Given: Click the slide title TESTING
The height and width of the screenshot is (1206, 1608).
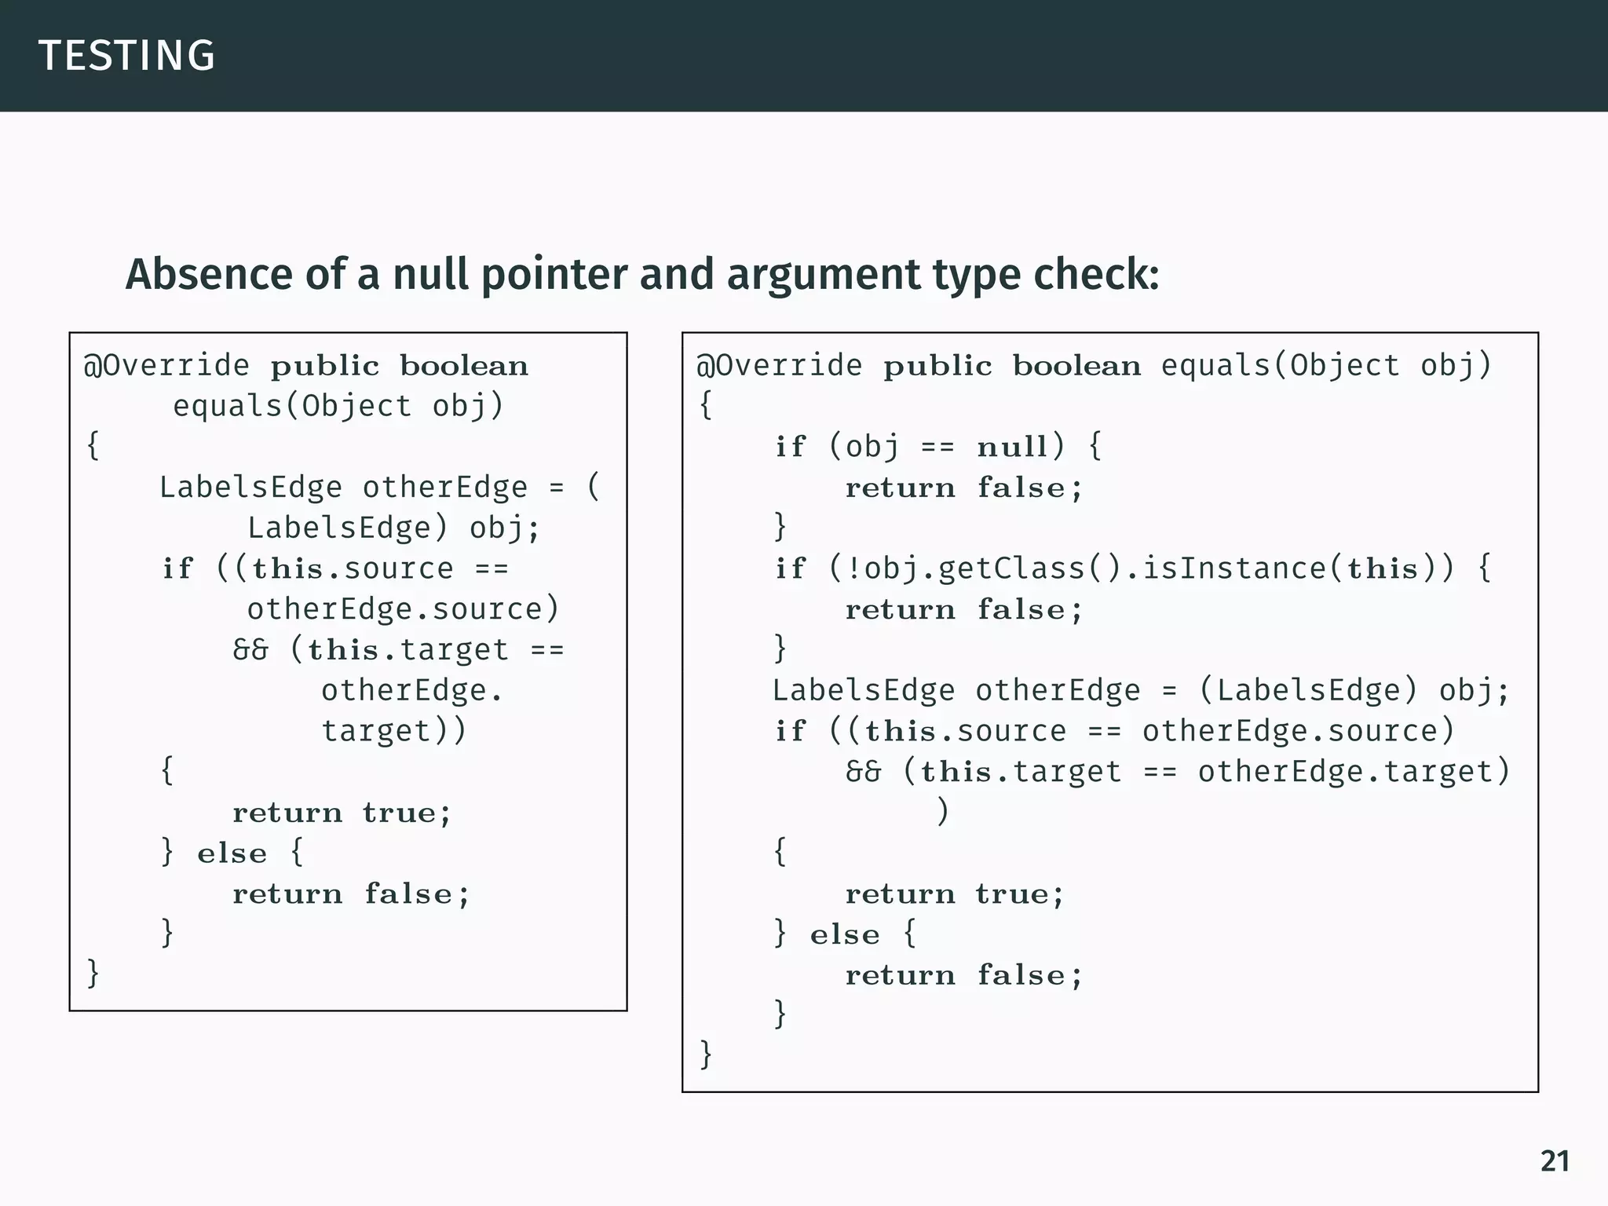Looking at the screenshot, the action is click(126, 56).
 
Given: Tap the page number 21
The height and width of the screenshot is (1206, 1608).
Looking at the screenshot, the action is click(1555, 1161).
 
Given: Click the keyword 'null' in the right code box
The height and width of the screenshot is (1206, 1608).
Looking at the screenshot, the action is click(1012, 447).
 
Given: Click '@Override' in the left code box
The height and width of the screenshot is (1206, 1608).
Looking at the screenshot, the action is click(166, 366).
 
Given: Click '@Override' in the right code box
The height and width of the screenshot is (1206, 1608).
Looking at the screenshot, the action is click(779, 366).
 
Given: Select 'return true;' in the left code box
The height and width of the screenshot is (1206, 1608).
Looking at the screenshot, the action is click(342, 813).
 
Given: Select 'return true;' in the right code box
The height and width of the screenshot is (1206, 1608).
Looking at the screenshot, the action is click(954, 894).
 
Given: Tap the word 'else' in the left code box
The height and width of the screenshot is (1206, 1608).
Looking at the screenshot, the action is click(232, 853).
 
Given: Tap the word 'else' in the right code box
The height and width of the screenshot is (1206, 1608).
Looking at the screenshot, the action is click(844, 935).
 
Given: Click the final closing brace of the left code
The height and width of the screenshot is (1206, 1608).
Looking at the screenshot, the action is click(93, 974).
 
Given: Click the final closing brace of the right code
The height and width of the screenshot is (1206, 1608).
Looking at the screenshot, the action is click(705, 1054).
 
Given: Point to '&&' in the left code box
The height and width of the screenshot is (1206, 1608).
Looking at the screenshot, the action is click(250, 650).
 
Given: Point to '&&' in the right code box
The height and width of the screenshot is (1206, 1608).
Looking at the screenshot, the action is click(863, 772).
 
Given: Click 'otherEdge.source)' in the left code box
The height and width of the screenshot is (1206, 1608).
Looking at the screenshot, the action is click(403, 610).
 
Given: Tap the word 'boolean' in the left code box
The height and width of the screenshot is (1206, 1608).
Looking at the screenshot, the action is click(463, 366).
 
